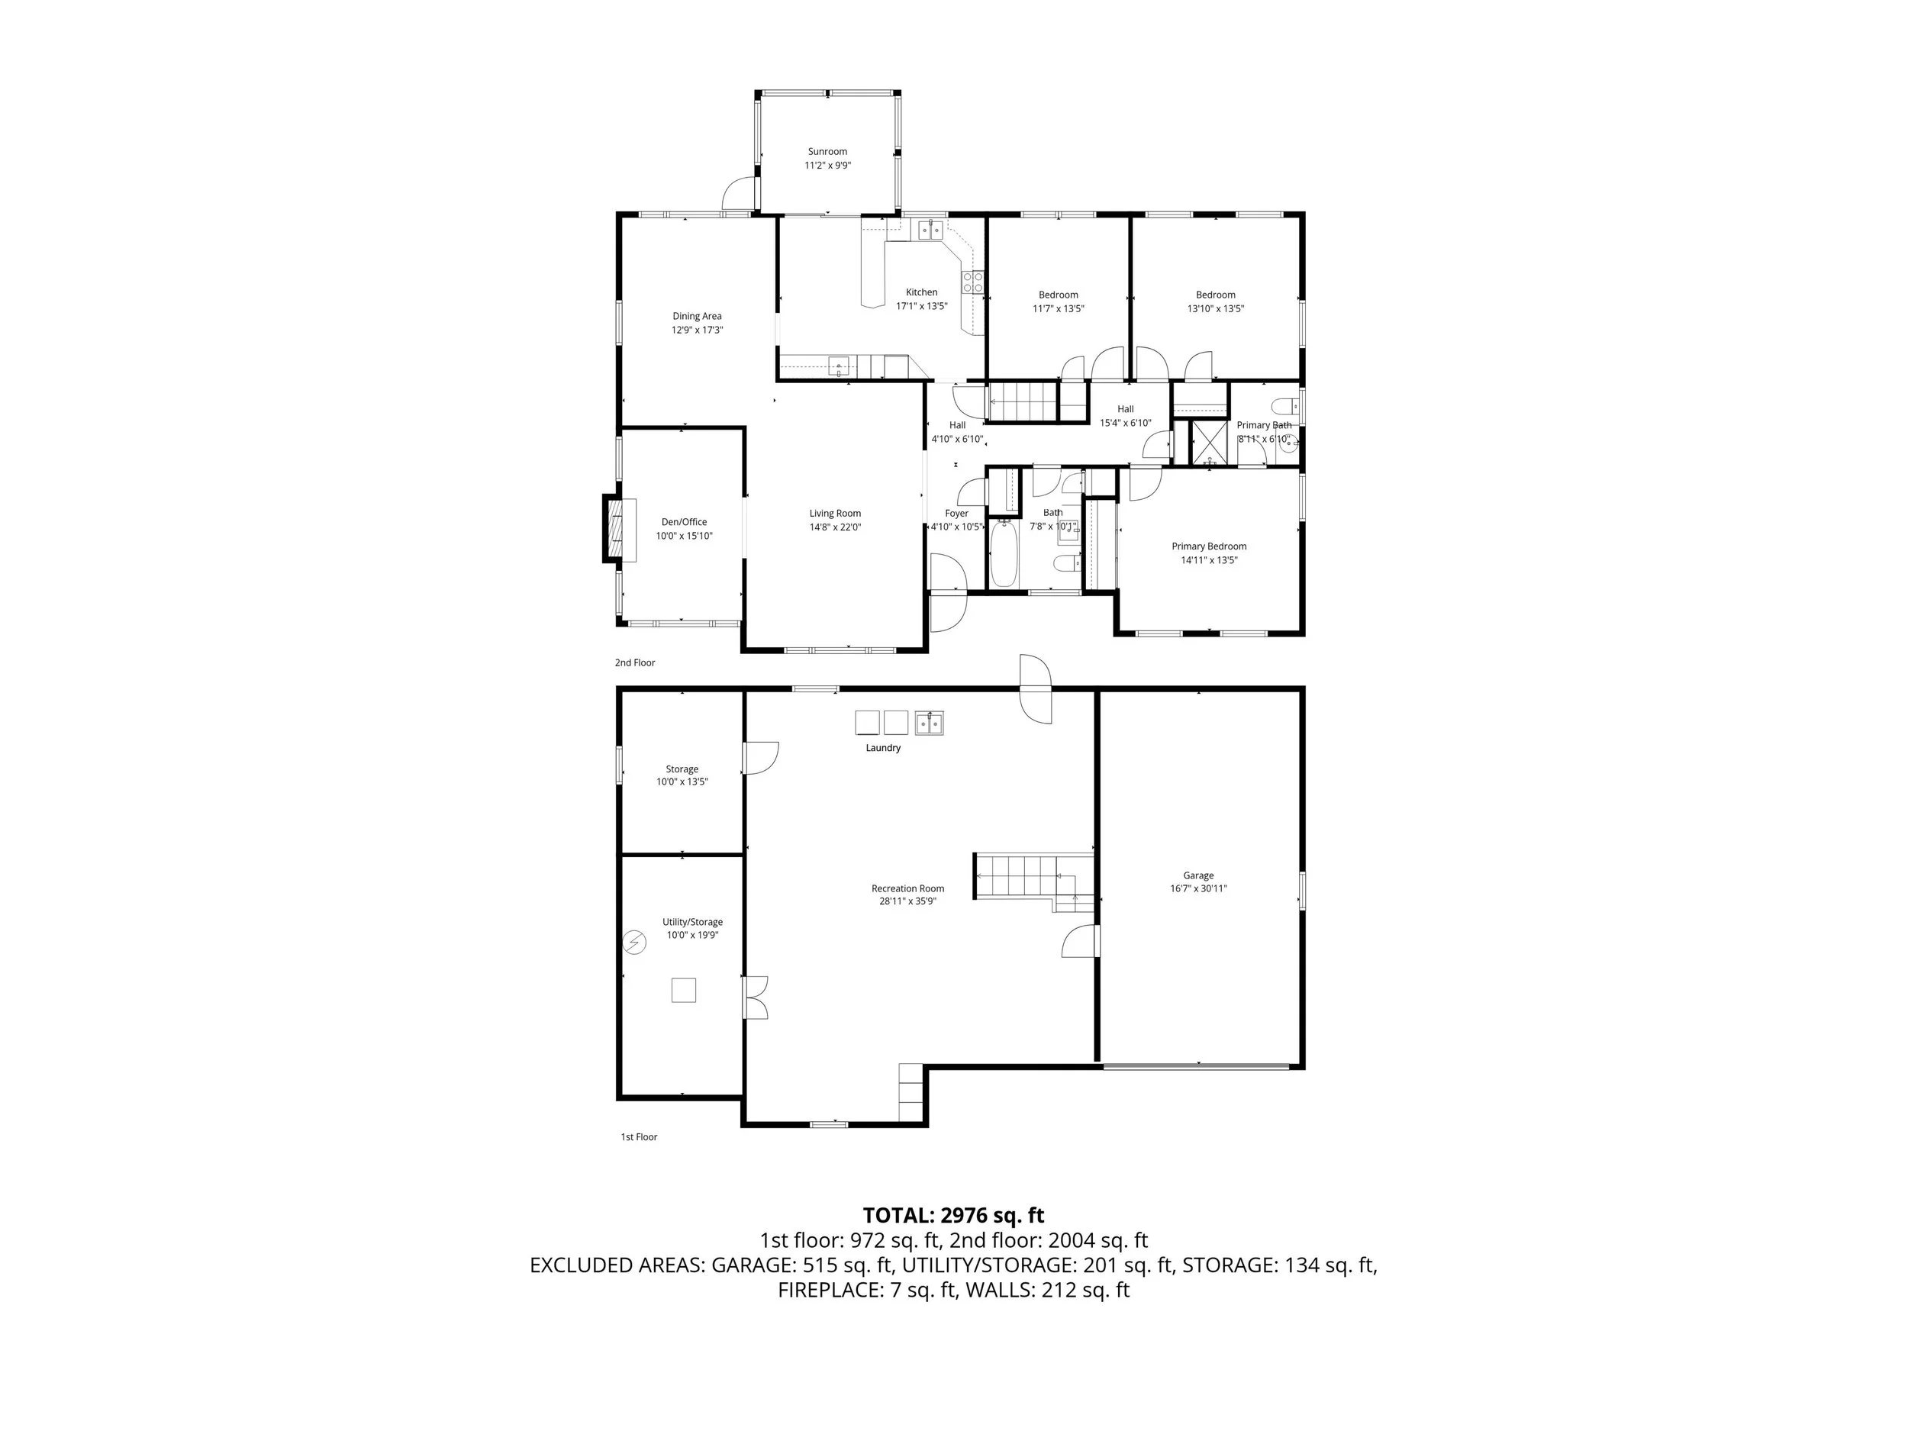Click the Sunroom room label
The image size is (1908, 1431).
point(827,152)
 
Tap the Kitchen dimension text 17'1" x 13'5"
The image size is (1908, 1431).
point(921,306)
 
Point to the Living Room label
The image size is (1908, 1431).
point(834,513)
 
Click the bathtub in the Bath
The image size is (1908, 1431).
point(1003,554)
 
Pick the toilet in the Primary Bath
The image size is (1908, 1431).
point(1284,405)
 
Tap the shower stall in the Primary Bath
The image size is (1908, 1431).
point(1210,443)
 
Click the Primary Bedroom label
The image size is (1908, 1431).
point(1208,546)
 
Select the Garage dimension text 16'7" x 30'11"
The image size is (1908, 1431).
point(1198,888)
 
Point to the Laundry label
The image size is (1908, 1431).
point(883,748)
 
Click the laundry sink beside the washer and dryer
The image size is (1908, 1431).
point(929,722)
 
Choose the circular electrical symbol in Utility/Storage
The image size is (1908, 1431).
point(634,943)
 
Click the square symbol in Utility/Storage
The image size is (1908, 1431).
point(683,990)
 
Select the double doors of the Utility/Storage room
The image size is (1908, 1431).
point(755,998)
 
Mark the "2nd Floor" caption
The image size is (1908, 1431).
point(635,662)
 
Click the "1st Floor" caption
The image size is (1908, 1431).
point(639,1137)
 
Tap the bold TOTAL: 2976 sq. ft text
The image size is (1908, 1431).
point(953,1215)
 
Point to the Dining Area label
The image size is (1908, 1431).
point(697,317)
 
